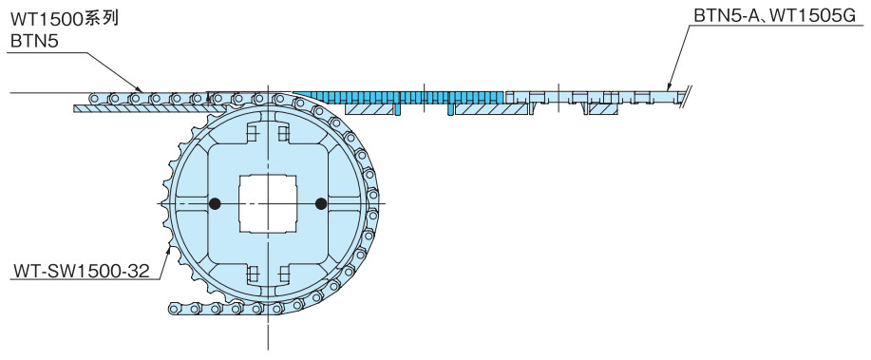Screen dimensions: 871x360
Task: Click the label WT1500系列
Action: [x=65, y=19]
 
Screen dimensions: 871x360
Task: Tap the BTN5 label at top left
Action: [x=34, y=41]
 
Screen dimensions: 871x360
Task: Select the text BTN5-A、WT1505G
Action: [x=774, y=16]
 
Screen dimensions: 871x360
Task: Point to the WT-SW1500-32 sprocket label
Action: [x=82, y=272]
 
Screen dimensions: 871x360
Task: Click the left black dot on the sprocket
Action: [x=215, y=204]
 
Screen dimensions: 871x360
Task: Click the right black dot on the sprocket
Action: [x=320, y=204]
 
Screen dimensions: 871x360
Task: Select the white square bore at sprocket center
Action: [x=268, y=204]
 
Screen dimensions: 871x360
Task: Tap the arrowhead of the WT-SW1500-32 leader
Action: [x=169, y=251]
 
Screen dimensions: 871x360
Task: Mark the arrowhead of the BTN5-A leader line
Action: [x=670, y=86]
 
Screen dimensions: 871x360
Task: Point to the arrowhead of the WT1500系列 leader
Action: [x=140, y=88]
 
